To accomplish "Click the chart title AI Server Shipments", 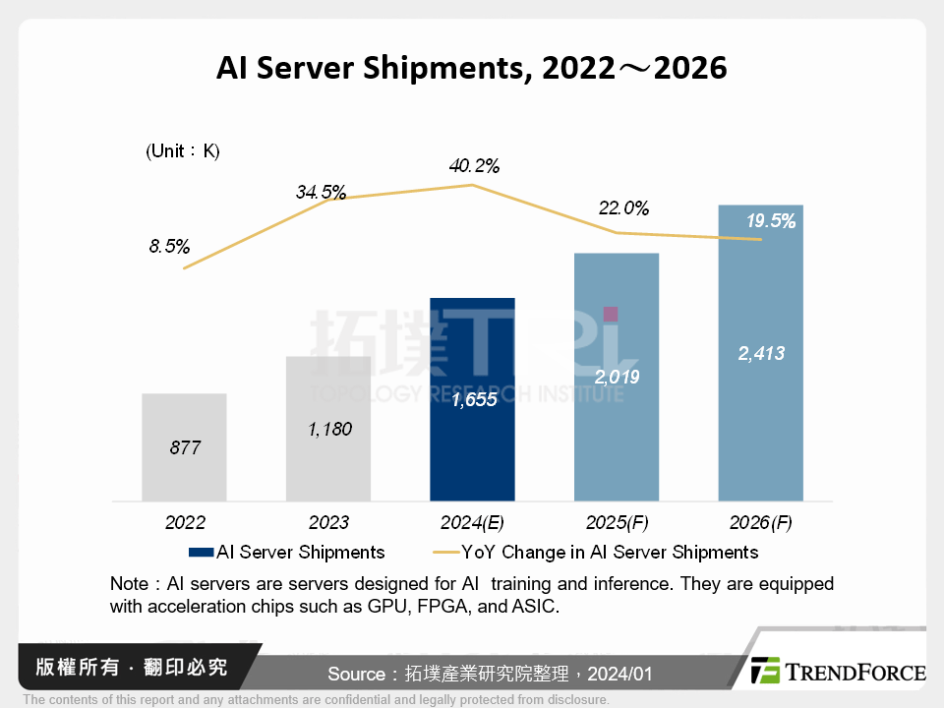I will click(471, 68).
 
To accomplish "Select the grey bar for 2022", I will click(184, 447).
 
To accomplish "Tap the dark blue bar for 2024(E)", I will click(472, 398).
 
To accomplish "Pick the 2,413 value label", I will click(761, 353).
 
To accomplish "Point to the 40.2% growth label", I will click(473, 166).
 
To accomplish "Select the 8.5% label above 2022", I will click(169, 247).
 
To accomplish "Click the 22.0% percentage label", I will click(623, 208).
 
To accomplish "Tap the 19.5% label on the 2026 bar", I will click(770, 221).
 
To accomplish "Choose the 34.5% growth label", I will click(321, 193).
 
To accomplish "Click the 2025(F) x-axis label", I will click(617, 522).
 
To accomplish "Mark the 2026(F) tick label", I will click(761, 522).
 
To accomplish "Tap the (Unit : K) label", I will click(183, 151).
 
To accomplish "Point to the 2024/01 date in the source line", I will click(619, 674).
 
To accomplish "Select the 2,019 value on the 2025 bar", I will click(617, 377).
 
